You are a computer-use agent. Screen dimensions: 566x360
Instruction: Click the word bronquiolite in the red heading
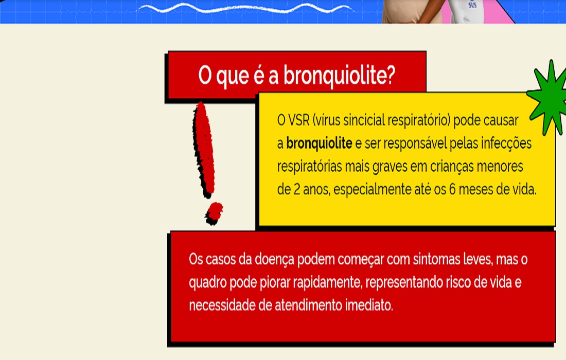point(335,76)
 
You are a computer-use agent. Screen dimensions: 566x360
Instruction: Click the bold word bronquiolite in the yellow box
point(319,143)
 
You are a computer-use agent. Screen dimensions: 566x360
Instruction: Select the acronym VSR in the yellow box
point(299,120)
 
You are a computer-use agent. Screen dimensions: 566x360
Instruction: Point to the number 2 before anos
point(297,189)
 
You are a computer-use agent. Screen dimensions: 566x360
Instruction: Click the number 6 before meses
point(452,189)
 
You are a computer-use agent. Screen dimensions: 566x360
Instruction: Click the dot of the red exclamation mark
point(214,213)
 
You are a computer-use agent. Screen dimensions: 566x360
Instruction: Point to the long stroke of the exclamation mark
point(204,150)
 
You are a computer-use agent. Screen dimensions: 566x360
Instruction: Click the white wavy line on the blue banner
point(245,8)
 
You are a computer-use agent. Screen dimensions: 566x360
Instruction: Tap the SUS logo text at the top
point(472,5)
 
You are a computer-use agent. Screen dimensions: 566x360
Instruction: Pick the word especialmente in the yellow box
point(372,190)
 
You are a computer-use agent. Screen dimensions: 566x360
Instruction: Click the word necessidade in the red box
point(222,305)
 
